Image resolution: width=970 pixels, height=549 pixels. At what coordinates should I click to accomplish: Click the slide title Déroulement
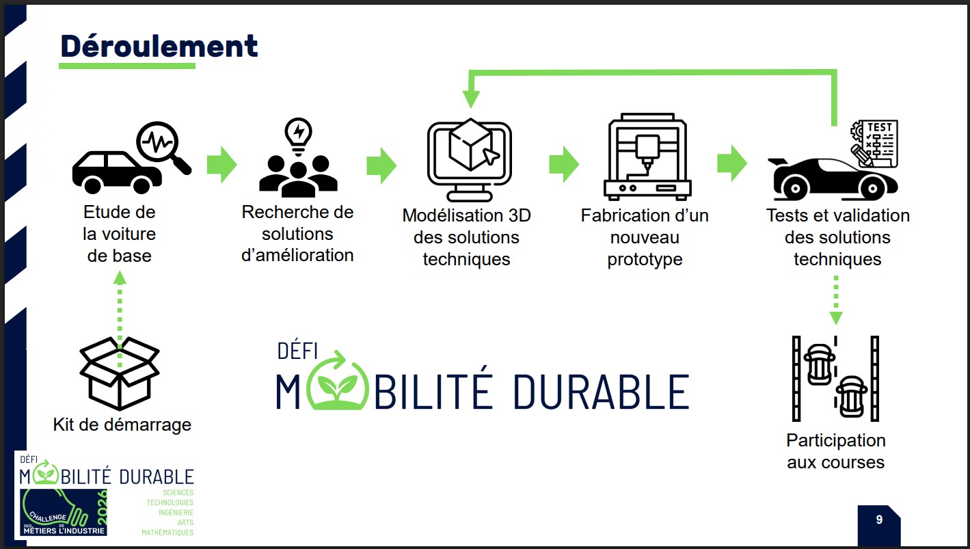pos(159,46)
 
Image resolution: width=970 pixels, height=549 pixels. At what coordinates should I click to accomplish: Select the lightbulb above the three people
pos(298,133)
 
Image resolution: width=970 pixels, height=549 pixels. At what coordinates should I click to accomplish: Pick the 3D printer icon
pos(647,157)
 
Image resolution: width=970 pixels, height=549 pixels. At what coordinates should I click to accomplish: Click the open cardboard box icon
pos(120,372)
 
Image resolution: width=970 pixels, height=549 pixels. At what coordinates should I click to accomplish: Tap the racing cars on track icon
pos(835,378)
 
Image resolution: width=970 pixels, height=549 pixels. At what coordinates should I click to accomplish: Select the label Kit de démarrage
pos(122,425)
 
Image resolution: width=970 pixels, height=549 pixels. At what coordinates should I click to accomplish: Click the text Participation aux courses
pos(835,451)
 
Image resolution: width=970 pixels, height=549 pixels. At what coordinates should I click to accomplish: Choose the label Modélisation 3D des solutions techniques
pos(466,237)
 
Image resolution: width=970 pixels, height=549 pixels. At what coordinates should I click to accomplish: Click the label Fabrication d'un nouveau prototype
pos(645,237)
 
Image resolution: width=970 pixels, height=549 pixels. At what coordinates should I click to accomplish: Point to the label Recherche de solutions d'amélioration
pos(297,234)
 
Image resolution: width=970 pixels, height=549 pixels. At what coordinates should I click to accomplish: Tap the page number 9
pos(878,520)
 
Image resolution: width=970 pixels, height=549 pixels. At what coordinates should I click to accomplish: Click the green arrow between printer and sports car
pos(731,163)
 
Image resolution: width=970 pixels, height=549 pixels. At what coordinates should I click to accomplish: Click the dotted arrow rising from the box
pos(120,308)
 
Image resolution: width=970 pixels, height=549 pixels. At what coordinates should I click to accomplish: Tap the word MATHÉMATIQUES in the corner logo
pos(167,532)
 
